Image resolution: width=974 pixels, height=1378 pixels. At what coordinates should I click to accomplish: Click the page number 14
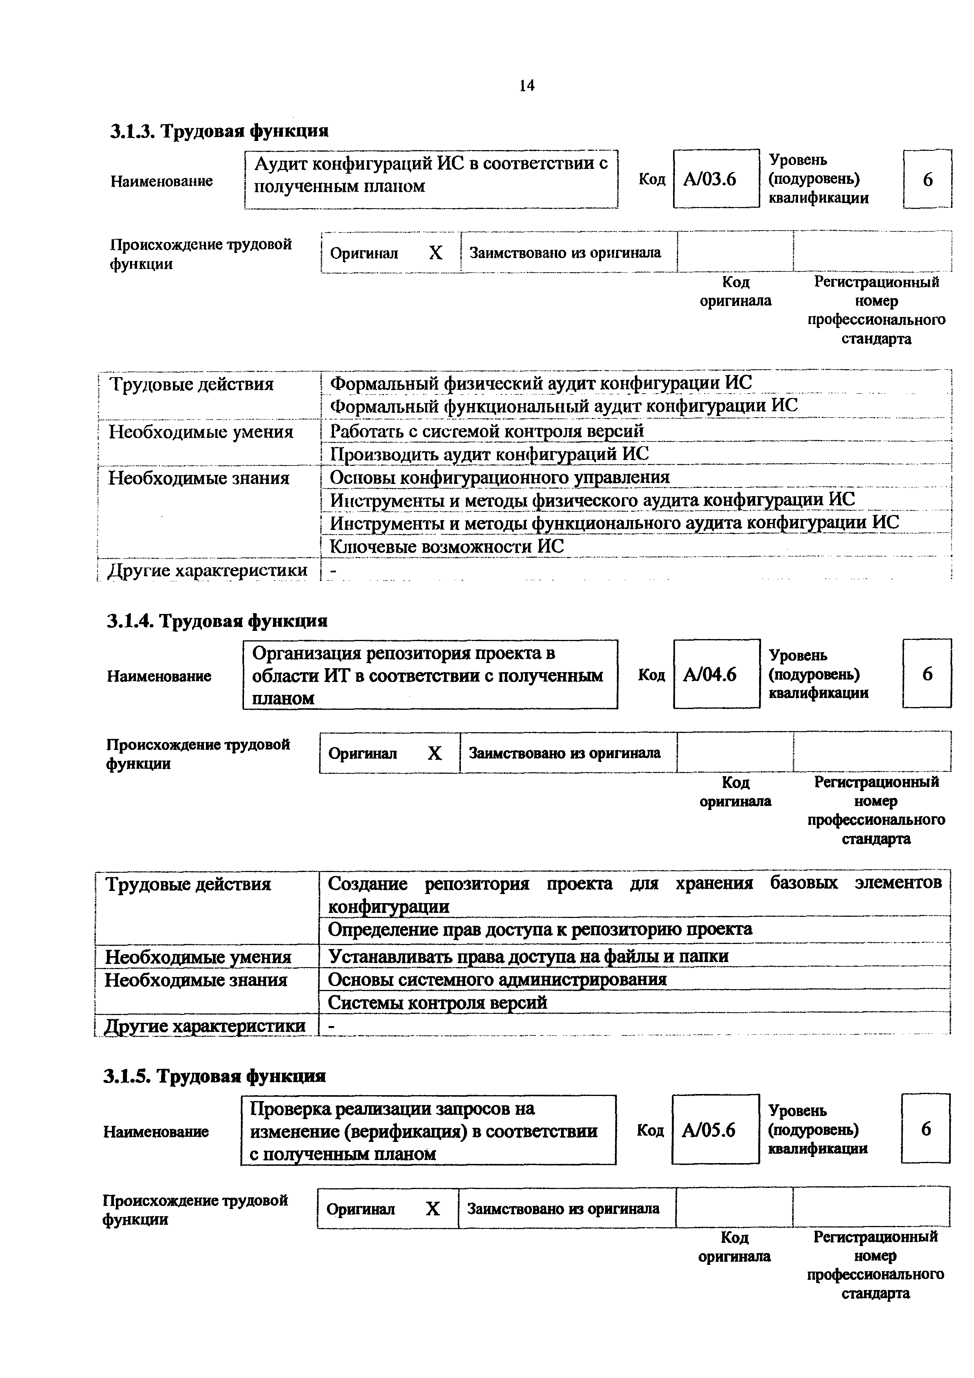click(x=526, y=86)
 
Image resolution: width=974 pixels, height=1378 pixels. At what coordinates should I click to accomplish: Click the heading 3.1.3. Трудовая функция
click(x=219, y=131)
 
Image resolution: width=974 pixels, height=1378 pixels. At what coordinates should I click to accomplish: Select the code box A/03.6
click(x=715, y=179)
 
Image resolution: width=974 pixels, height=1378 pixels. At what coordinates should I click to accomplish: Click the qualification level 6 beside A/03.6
click(x=927, y=179)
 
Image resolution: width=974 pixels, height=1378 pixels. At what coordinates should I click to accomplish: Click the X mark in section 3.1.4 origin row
click(x=435, y=753)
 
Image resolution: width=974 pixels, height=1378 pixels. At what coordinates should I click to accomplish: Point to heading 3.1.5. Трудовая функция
click(x=214, y=1076)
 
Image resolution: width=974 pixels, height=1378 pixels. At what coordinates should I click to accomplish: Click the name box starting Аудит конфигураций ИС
click(x=431, y=179)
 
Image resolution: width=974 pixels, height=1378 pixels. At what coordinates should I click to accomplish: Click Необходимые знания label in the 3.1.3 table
click(x=199, y=478)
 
